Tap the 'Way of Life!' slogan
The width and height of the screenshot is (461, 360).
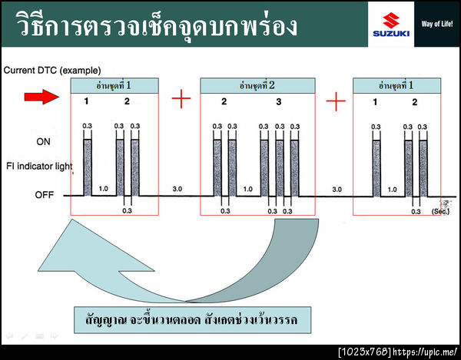click(x=437, y=23)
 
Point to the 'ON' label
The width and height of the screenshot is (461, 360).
click(x=44, y=142)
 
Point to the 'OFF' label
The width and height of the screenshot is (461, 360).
click(x=44, y=195)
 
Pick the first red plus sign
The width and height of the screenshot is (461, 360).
click(x=181, y=99)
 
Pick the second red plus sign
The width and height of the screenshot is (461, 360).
click(x=335, y=99)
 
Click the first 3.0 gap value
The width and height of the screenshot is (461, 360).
click(x=177, y=188)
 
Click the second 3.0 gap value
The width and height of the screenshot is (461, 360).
click(x=336, y=188)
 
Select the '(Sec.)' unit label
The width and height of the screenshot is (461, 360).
click(x=441, y=211)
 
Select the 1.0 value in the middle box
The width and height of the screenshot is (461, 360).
click(x=247, y=188)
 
